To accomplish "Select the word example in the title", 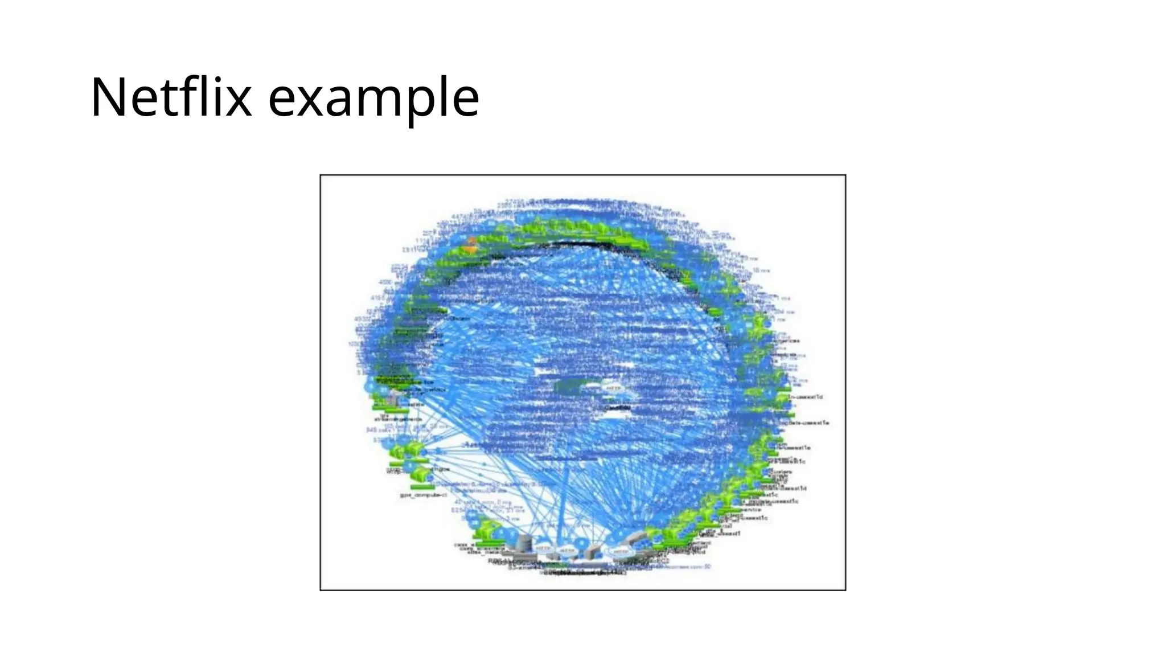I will coord(373,98).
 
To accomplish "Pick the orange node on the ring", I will coord(470,245).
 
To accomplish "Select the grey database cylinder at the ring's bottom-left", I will coord(523,543).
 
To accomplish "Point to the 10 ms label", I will coord(761,270).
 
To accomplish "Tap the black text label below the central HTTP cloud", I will coord(617,408).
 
